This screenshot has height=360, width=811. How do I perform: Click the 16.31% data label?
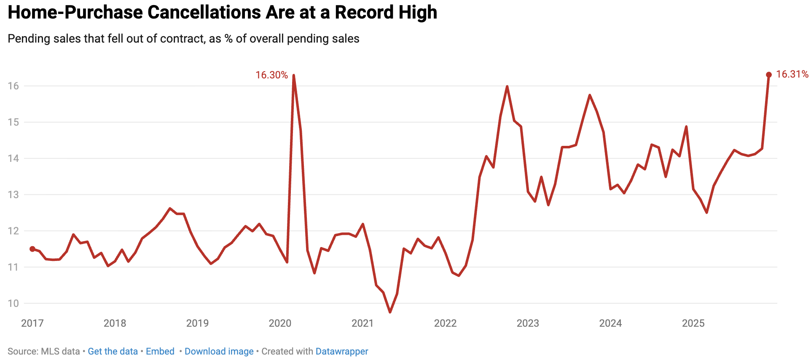792,74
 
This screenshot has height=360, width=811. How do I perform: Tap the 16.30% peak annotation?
271,75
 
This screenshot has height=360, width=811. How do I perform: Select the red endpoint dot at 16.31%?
768,75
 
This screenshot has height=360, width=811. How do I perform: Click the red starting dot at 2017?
32,249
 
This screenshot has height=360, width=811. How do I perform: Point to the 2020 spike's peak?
293,75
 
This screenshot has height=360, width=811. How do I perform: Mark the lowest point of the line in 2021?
390,312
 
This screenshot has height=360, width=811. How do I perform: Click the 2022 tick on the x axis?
445,323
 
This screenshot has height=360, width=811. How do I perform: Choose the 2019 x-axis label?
197,323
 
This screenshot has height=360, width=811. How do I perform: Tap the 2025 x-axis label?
693,323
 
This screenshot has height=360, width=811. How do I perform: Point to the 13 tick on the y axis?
13,195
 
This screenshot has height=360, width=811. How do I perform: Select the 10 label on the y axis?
13,304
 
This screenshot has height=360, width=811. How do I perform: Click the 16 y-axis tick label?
13,86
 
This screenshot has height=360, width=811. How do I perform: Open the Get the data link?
113,352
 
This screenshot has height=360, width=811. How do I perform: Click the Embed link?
160,352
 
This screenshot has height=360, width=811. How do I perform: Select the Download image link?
219,352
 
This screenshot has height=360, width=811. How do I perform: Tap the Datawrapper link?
341,352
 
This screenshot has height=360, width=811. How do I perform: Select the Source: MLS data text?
43,352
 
